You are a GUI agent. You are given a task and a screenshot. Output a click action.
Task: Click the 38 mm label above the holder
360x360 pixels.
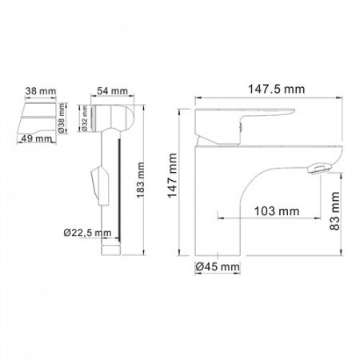pos(38,92)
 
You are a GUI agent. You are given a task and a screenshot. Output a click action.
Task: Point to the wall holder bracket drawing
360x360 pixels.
pos(34,115)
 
